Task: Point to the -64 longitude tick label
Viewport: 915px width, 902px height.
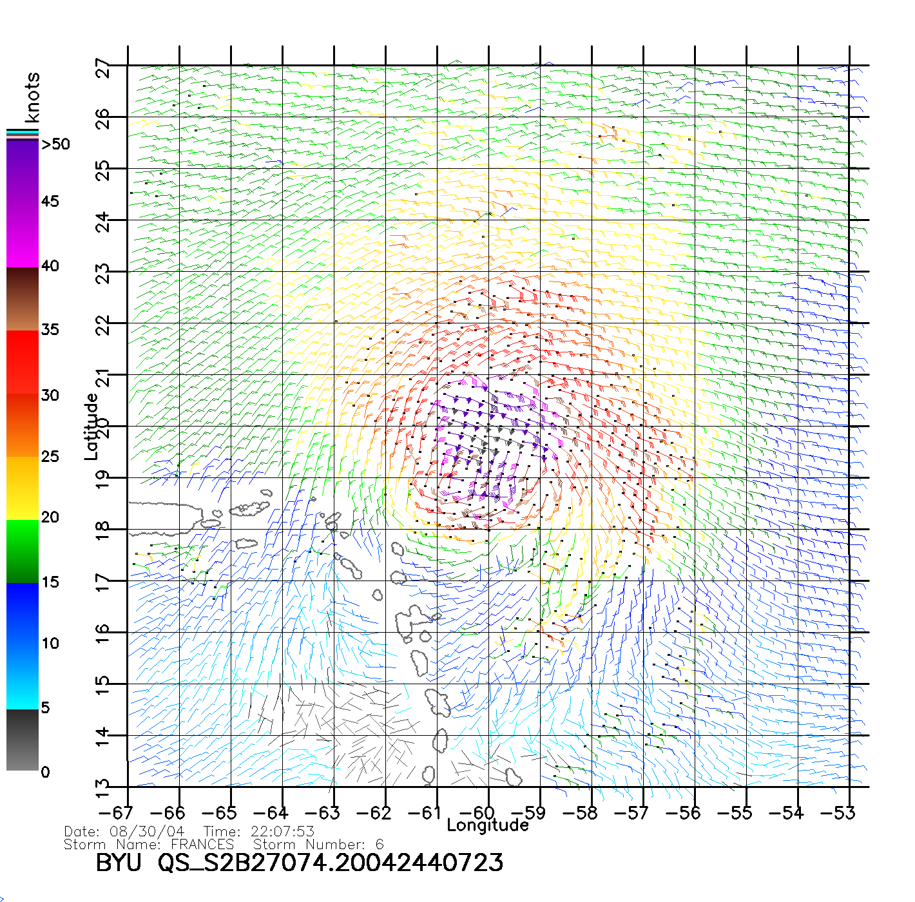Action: click(x=271, y=812)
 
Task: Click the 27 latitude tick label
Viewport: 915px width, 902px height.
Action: click(x=102, y=68)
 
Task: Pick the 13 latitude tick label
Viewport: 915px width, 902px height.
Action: click(x=102, y=789)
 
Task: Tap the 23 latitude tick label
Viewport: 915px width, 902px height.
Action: click(x=102, y=274)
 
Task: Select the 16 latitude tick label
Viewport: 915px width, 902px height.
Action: click(x=102, y=635)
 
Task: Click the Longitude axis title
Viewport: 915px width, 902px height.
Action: click(x=488, y=825)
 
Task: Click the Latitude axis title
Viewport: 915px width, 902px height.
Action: click(x=91, y=427)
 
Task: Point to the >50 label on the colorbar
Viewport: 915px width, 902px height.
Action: click(x=55, y=144)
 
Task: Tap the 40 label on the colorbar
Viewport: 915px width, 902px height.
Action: click(x=50, y=266)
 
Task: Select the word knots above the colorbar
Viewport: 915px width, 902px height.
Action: click(x=32, y=97)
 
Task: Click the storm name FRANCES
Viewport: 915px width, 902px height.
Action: click(x=202, y=844)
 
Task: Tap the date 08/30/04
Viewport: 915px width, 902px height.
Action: click(x=147, y=831)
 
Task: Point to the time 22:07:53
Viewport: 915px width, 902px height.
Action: click(x=282, y=831)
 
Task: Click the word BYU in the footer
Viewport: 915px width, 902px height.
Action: click(x=119, y=863)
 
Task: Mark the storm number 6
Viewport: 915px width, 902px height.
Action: click(x=380, y=844)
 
